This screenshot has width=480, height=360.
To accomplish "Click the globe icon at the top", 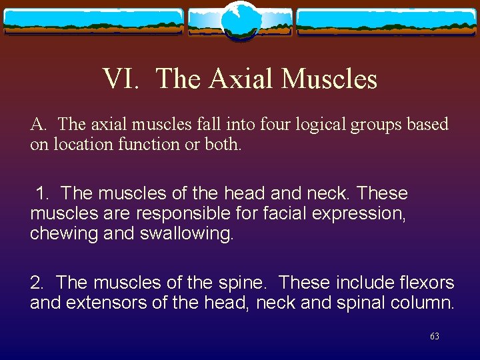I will click(240, 20).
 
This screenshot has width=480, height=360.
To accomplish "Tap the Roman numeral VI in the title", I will click(121, 79).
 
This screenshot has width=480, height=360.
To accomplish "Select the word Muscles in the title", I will click(329, 79).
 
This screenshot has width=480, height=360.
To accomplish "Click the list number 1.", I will click(43, 193).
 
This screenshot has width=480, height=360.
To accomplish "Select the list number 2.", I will click(36, 283).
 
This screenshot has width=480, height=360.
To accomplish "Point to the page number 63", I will click(435, 337).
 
